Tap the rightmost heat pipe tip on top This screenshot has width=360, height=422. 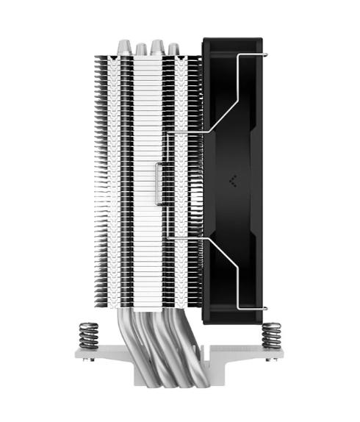tap(173, 49)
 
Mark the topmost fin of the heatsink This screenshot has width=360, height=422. tap(147, 57)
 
